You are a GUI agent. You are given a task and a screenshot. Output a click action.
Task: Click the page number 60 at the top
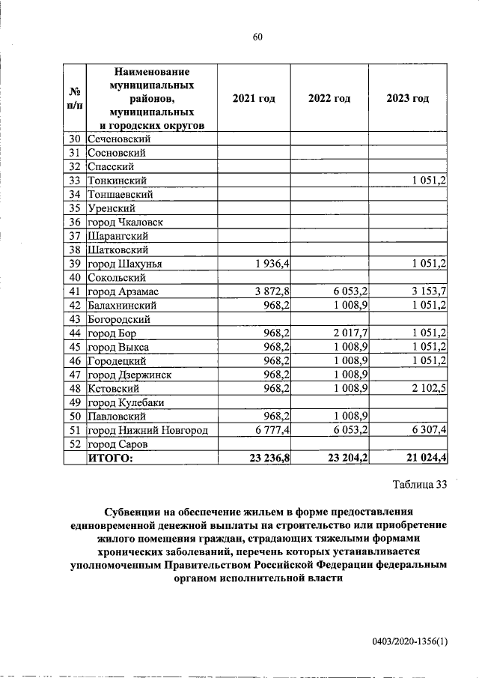[x=256, y=38]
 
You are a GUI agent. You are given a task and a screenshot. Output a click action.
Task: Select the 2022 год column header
[x=329, y=99]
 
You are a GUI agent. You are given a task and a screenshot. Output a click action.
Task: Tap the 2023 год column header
[x=408, y=99]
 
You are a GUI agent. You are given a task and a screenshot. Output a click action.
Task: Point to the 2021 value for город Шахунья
[x=273, y=264]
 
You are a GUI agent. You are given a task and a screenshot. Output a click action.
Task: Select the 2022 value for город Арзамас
[x=349, y=291]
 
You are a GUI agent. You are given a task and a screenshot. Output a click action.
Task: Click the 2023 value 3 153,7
[x=429, y=291]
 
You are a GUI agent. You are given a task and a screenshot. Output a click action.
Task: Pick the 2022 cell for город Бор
[x=349, y=333]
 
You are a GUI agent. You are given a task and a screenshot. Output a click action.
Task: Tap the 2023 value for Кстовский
[x=429, y=389]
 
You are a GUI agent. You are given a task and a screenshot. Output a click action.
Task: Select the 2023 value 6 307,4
[x=429, y=430]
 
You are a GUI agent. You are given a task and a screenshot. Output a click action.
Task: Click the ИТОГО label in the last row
[x=110, y=458]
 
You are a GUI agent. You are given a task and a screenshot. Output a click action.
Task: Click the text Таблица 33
[x=419, y=484]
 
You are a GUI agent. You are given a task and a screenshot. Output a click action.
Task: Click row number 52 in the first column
[x=74, y=444]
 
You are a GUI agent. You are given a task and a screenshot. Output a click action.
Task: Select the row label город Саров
[x=116, y=444]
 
